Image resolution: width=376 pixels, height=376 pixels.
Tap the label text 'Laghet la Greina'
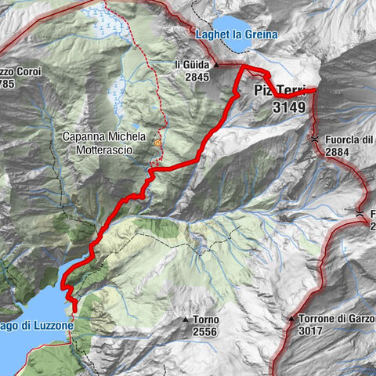click(236, 35)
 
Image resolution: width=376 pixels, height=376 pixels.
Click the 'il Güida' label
click(191, 65)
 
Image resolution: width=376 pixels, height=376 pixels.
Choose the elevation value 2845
click(192, 77)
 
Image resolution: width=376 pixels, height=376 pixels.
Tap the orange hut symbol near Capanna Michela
click(157, 143)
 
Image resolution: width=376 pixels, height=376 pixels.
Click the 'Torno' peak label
click(206, 320)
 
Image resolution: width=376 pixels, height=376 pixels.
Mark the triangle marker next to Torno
click(185, 320)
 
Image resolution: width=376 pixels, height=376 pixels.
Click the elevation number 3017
click(313, 331)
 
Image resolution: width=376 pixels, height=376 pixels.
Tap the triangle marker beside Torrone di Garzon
click(291, 320)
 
